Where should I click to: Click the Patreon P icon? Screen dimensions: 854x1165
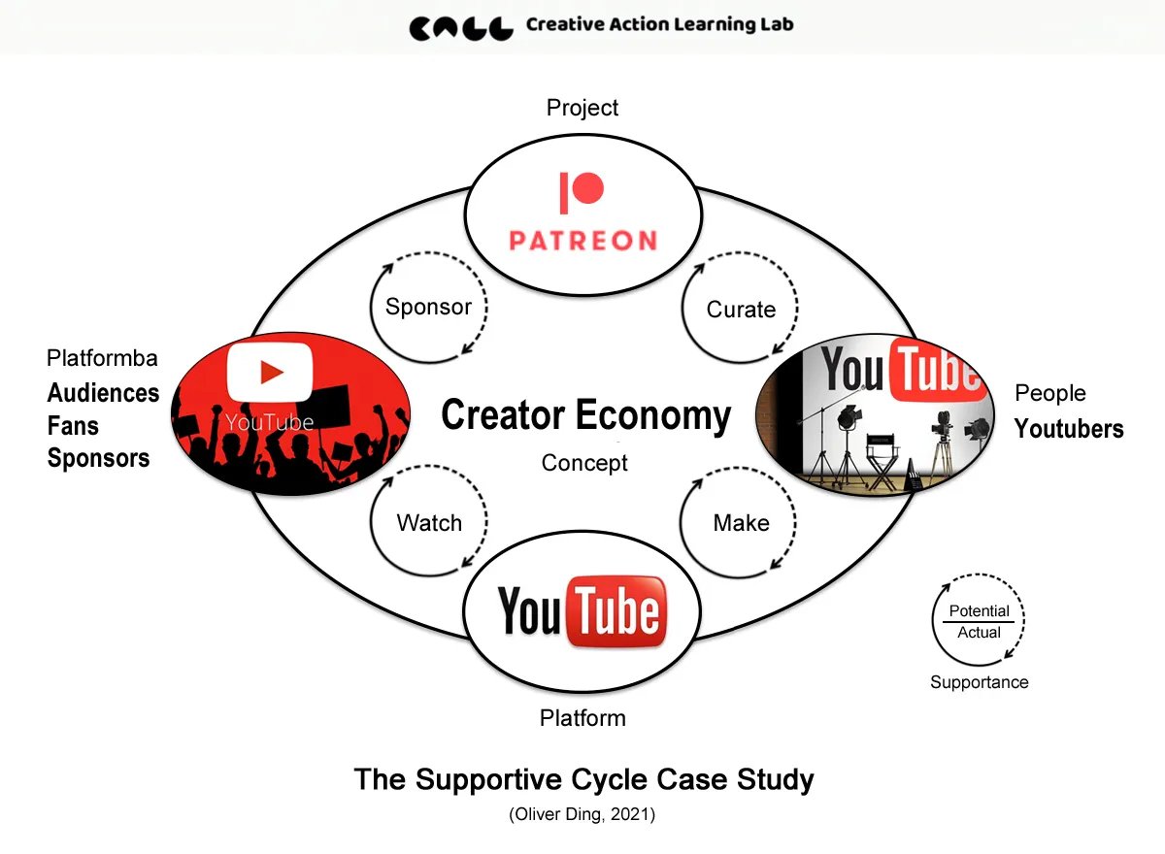tap(582, 192)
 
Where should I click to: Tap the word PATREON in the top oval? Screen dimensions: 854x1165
tap(582, 239)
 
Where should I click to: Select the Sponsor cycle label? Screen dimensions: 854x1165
tap(428, 307)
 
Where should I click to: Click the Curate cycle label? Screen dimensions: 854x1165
tap(741, 310)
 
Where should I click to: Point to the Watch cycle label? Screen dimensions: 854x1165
tap(429, 523)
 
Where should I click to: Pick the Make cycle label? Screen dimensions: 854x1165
tap(741, 523)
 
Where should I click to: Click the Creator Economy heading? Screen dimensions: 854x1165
tap(585, 415)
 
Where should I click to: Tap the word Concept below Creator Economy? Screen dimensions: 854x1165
tap(584, 463)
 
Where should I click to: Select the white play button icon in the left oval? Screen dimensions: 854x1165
tap(269, 372)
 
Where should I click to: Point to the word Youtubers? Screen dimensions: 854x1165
tap(1069, 429)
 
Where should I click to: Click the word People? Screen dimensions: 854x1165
tap(1049, 393)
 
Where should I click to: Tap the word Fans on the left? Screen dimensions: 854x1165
tap(73, 426)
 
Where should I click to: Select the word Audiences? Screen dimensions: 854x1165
tap(103, 393)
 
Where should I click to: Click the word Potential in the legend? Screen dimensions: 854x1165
tap(979, 611)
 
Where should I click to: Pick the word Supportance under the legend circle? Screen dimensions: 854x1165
tap(979, 682)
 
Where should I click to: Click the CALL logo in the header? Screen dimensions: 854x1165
tap(461, 27)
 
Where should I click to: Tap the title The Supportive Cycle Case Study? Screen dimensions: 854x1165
tap(583, 779)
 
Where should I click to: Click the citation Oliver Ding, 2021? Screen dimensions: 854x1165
tap(582, 815)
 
